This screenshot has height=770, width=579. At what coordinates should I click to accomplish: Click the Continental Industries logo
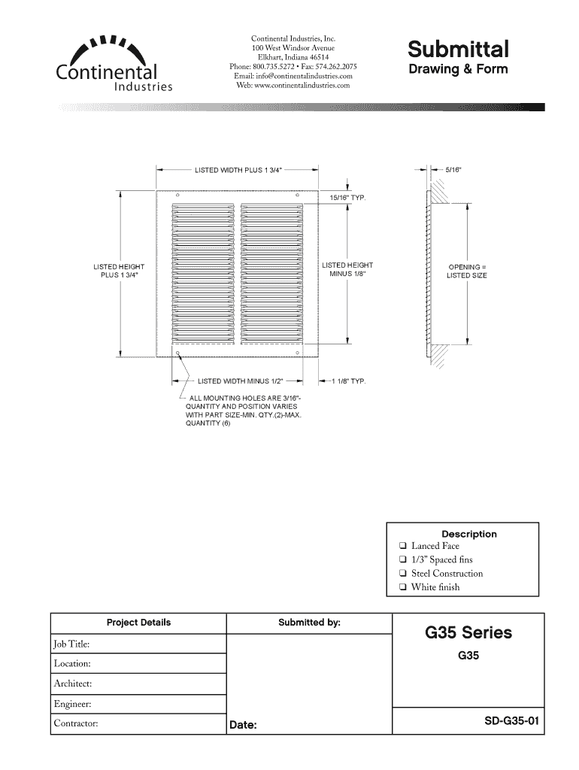click(x=114, y=64)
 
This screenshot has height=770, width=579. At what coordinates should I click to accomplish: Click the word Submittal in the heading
click(x=458, y=49)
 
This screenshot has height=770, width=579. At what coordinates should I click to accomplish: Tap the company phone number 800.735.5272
click(x=283, y=66)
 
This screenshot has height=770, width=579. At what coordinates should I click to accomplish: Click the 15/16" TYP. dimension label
click(x=347, y=197)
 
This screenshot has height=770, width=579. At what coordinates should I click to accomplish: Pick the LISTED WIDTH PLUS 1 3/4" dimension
click(x=238, y=170)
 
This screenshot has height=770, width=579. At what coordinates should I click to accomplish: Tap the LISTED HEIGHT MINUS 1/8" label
click(x=347, y=269)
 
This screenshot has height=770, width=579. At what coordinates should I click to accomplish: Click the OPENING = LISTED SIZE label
click(x=467, y=271)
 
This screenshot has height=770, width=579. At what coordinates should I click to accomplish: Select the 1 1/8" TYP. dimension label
click(x=348, y=381)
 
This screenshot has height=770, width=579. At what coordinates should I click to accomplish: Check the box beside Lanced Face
click(x=403, y=547)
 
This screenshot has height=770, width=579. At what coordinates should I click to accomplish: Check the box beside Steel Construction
click(x=403, y=574)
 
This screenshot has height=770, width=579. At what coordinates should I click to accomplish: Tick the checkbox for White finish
click(x=403, y=588)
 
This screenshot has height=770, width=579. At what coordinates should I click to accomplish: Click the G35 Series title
click(x=468, y=632)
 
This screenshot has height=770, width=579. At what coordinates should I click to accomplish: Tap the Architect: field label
click(x=72, y=684)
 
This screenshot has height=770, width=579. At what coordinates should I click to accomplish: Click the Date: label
click(x=243, y=726)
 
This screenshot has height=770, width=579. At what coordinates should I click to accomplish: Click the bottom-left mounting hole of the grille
click(x=177, y=352)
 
